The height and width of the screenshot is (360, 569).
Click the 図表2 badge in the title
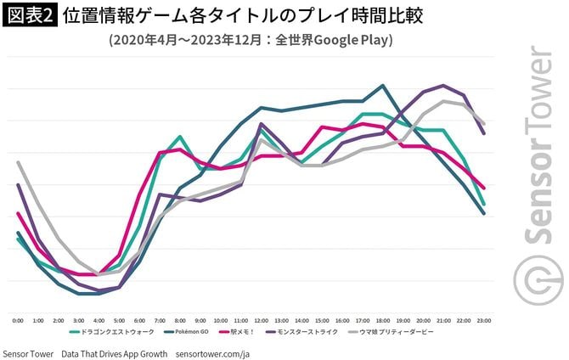(x=29, y=17)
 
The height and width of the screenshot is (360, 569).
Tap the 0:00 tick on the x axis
(x=18, y=320)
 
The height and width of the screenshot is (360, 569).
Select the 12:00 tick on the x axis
(x=261, y=320)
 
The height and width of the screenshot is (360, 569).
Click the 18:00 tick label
(x=382, y=320)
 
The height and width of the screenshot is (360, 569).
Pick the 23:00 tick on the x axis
(x=483, y=320)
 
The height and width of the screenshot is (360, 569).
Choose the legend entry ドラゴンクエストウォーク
(x=107, y=331)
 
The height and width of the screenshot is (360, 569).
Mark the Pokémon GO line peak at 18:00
(x=382, y=85)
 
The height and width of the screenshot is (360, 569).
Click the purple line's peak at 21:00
(x=443, y=86)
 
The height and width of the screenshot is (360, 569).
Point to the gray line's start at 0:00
(x=18, y=162)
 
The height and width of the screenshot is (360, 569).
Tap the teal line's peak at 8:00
(x=179, y=137)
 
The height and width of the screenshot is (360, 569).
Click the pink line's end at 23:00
(x=483, y=188)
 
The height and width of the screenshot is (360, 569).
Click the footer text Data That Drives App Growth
(x=114, y=352)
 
